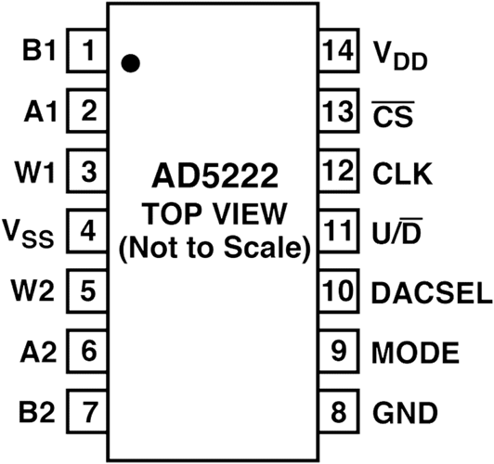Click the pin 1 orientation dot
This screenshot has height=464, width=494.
130,63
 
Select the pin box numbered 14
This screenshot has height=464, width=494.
339,50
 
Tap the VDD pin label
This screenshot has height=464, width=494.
400,55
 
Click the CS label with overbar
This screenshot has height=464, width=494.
393,113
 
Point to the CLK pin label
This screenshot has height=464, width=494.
402,174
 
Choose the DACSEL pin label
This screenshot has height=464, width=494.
432,292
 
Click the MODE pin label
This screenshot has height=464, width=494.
415,353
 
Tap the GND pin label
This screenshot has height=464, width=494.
405,412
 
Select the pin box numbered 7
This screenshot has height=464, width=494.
87,411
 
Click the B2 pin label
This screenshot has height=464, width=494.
37,412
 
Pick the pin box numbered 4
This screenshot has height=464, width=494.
87,231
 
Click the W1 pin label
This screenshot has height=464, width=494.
35,172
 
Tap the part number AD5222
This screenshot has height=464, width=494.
215,175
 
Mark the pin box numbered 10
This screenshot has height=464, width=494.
339,290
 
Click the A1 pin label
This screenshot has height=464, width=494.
41,110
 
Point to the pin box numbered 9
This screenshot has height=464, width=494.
339,351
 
